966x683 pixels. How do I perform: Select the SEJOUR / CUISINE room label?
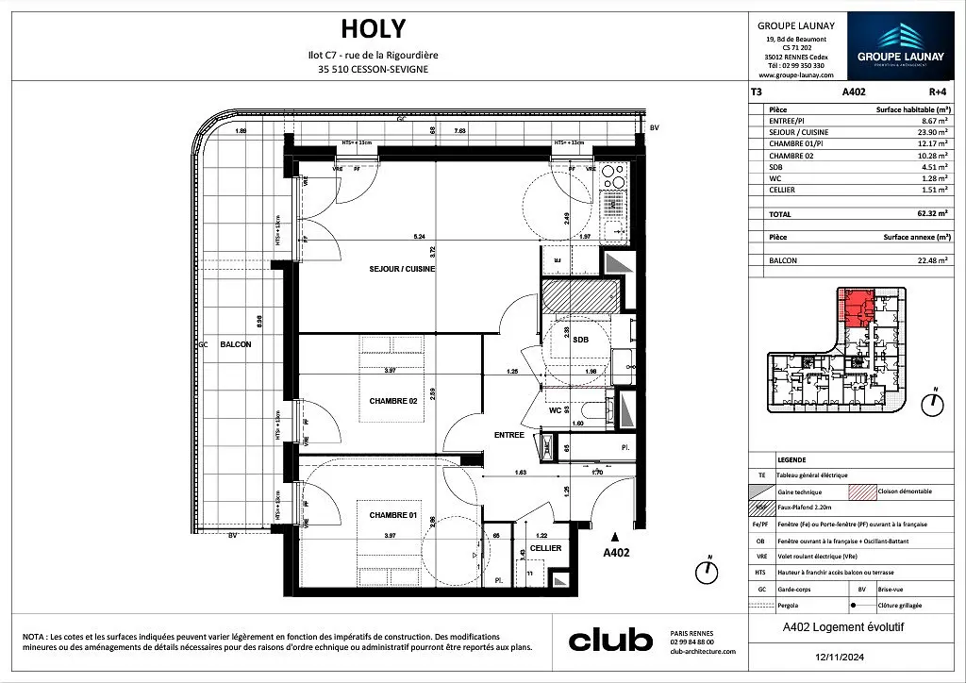[402, 269]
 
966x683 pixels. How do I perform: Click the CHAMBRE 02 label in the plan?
[394, 401]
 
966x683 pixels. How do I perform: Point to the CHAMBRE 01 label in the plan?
[394, 514]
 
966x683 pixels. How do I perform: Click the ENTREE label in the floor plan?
[509, 435]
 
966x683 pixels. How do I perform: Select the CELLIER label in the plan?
[545, 548]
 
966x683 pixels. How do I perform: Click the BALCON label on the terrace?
[235, 345]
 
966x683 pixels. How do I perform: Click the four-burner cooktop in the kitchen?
[612, 177]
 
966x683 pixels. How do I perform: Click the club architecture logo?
[609, 641]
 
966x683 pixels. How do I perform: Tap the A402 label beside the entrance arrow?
[615, 554]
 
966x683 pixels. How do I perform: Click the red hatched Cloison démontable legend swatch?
[864, 491]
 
